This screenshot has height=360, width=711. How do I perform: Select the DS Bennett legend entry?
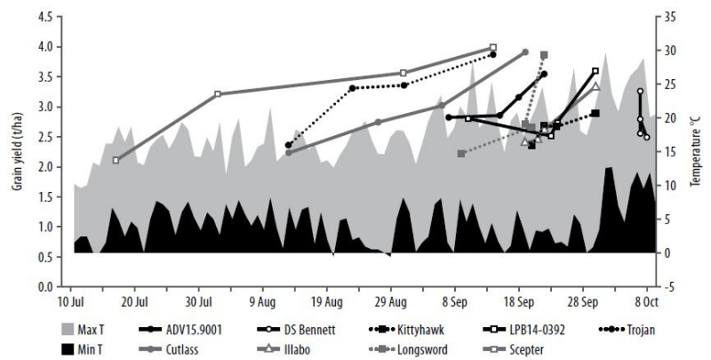point(312,331)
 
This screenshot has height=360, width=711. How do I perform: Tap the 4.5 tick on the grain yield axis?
point(52,15)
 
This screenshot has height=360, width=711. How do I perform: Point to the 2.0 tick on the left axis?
point(52,166)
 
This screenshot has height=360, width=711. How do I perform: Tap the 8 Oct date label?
point(646,300)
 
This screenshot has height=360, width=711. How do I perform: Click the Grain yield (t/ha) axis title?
point(12,151)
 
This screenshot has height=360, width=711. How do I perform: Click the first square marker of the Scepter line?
point(116,160)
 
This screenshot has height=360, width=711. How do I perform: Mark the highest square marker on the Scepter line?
point(493,47)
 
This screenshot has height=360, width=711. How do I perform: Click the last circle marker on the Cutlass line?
point(525,52)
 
